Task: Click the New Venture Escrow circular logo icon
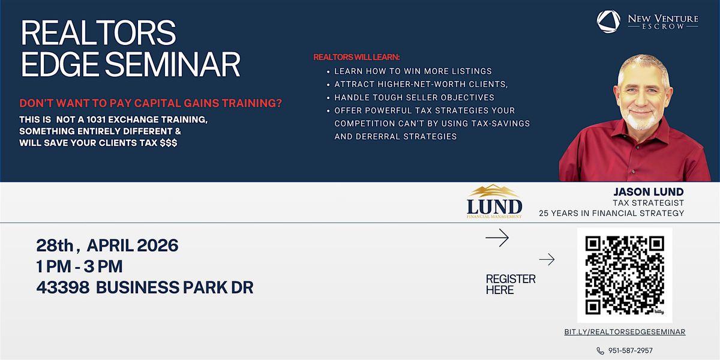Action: [x=608, y=22]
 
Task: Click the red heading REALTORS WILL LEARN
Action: [x=356, y=57]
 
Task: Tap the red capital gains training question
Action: [x=151, y=103]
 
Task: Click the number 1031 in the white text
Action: [x=96, y=119]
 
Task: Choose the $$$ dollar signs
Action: [x=169, y=143]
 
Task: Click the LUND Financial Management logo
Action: [x=494, y=202]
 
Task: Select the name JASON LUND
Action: [x=649, y=192]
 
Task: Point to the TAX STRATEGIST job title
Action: [x=649, y=203]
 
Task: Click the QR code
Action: [x=625, y=275]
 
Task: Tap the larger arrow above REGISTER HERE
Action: [x=497, y=238]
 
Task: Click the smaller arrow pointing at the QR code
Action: [x=547, y=259]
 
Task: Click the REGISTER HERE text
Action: [x=511, y=284]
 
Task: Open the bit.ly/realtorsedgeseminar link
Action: [x=625, y=332]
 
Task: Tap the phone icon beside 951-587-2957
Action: [x=600, y=350]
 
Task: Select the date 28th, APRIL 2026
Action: [x=107, y=245]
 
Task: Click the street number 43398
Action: [x=63, y=287]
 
